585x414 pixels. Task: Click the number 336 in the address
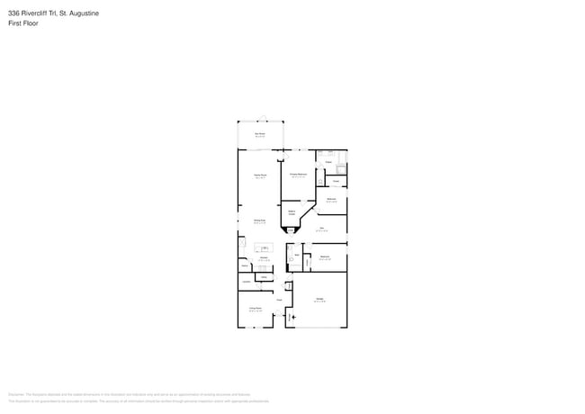(x=13, y=13)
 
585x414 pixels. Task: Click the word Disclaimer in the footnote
(x=16, y=394)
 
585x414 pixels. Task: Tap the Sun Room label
(x=259, y=134)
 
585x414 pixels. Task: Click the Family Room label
(x=261, y=176)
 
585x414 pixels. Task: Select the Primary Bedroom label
(x=298, y=175)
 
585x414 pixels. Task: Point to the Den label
(x=321, y=229)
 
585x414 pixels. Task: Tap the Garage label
(x=319, y=300)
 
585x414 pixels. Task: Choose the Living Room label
(x=256, y=309)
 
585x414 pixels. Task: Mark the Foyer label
(x=280, y=300)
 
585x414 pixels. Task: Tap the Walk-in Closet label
(x=292, y=212)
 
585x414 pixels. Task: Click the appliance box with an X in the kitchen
(x=241, y=243)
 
